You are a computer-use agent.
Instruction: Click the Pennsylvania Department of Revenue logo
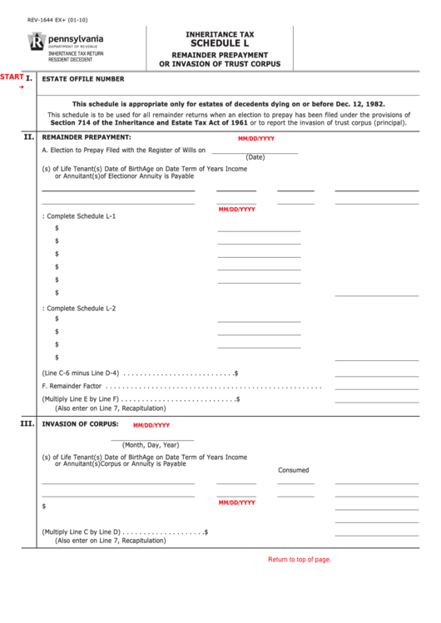(55, 42)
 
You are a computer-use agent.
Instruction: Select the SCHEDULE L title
(220, 44)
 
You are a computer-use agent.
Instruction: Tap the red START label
(12, 77)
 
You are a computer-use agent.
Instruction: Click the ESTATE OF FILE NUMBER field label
(83, 80)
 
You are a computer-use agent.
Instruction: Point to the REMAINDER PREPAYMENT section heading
(87, 136)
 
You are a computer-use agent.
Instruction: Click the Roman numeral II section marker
(27, 136)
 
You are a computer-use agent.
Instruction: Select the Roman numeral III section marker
(27, 424)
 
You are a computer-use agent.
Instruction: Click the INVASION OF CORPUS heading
(74, 424)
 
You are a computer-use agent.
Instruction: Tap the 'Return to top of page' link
(299, 560)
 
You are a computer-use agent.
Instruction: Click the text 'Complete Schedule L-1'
(80, 215)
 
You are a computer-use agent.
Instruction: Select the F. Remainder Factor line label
(72, 387)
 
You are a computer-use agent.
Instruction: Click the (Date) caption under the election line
(255, 157)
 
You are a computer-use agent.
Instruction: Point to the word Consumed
(293, 470)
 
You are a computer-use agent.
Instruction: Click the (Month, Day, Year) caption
(151, 444)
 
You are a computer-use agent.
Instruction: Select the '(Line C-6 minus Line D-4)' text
(81, 373)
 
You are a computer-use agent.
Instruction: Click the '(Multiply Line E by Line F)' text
(82, 399)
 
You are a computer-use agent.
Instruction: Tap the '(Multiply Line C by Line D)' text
(82, 532)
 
